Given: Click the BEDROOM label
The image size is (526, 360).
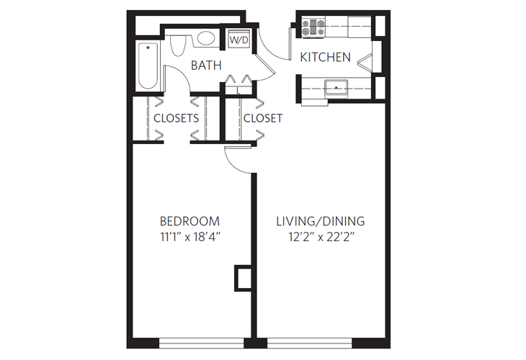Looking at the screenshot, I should [190, 221].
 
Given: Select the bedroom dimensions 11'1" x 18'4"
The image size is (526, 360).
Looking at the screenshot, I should [190, 238].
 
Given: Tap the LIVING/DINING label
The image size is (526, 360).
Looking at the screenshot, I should [321, 221].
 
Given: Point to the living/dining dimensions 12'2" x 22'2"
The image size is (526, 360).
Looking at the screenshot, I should [321, 238].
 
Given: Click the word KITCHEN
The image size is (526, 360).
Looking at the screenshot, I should [325, 58].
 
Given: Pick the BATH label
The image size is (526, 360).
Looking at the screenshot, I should [205, 66].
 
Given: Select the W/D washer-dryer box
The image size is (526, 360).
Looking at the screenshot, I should [239, 40].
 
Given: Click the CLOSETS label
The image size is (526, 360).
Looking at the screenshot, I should [176, 118].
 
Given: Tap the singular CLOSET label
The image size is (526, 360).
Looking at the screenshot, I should [263, 118].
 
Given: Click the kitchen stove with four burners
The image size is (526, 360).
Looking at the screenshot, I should [314, 27].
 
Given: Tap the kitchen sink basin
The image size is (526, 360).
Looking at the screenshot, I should [336, 88].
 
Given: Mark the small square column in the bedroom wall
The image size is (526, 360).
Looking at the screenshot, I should [244, 276].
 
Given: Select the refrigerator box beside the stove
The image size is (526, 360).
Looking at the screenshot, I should [356, 27].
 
